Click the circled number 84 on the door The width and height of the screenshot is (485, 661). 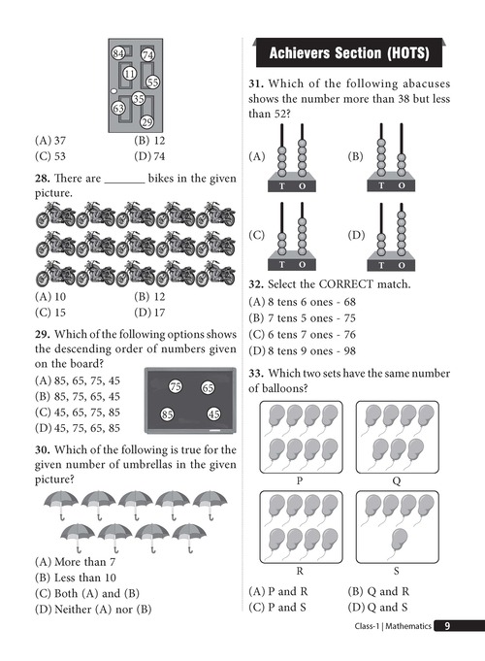point(118,53)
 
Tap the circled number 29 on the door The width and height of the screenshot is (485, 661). point(146,122)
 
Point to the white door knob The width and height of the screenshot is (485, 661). point(113,91)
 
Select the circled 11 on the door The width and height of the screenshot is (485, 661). point(129,74)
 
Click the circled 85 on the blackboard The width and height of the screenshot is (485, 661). point(167,414)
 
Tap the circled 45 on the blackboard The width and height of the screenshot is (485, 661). point(213,413)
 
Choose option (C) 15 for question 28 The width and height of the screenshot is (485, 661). point(50,313)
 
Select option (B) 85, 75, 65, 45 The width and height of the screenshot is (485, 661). point(78,396)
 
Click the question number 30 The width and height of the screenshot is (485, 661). point(43,449)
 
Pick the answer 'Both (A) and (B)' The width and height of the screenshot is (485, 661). point(97,594)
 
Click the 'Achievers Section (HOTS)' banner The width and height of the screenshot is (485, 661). point(349,52)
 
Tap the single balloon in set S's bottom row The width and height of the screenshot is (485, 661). point(399,540)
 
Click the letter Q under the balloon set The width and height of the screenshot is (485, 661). point(397,481)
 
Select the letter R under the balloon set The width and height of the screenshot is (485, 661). point(300,571)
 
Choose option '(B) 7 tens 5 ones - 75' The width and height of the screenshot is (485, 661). point(302,317)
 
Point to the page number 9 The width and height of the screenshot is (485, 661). point(447,626)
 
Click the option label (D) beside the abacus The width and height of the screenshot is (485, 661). point(356,235)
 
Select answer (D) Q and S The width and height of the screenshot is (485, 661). point(377,608)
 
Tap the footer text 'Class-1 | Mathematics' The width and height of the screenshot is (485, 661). point(393,626)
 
